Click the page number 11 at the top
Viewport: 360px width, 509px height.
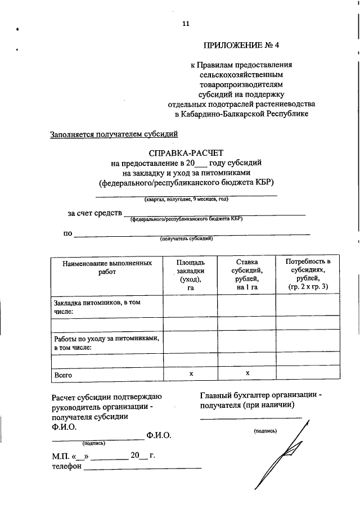186,23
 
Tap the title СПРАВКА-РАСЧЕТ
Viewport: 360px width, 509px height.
186,152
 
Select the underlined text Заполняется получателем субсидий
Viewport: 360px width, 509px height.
114,134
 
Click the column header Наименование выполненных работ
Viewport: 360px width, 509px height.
106,267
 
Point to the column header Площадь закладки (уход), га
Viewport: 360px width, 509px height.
190,275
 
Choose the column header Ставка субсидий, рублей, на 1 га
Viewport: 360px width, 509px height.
247,275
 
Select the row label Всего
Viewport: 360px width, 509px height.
63,375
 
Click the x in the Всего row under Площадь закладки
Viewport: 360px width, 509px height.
191,373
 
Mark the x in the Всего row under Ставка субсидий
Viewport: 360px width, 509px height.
247,373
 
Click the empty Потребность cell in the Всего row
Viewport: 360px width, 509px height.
308,374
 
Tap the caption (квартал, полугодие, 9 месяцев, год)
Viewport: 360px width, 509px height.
186,199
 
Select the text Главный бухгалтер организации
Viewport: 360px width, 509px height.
260,395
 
